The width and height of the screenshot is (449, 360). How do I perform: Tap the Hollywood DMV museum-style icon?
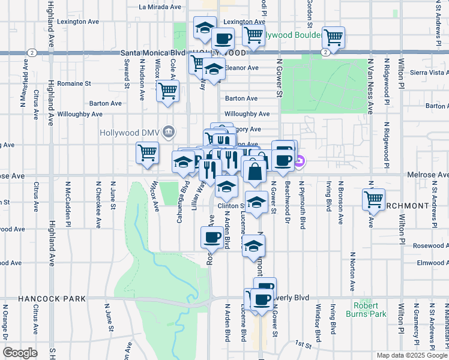(169, 131)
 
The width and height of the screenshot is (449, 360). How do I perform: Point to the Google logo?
(20, 353)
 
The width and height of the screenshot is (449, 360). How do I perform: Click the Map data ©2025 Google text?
(412, 355)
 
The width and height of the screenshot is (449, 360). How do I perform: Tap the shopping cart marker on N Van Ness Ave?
(373, 199)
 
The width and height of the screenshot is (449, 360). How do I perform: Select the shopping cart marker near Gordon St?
(333, 37)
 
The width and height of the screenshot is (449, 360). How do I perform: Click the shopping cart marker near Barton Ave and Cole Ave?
(167, 91)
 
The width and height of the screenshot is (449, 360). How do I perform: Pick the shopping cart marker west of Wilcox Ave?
(147, 152)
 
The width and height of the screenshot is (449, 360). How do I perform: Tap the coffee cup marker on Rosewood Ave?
(211, 237)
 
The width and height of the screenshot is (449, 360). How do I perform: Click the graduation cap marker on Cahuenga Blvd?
(184, 161)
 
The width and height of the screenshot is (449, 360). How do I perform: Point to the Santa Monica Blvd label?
(149, 53)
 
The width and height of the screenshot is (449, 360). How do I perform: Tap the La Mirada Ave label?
(160, 7)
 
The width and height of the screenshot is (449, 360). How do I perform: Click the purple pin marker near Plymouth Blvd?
(300, 160)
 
